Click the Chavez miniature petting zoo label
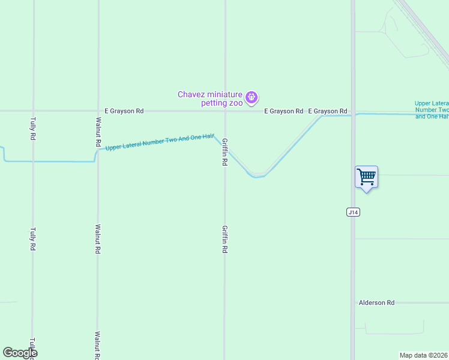pyautogui.click(x=210, y=98)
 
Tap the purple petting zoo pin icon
pyautogui.click(x=252, y=97)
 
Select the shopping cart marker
pyautogui.click(x=366, y=178)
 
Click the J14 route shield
pyautogui.click(x=353, y=212)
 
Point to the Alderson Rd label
pyautogui.click(x=376, y=303)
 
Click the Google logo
pyautogui.click(x=20, y=353)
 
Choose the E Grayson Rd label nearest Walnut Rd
pyautogui.click(x=124, y=111)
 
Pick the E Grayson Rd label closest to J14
pyautogui.click(x=328, y=111)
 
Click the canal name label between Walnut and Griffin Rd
pyautogui.click(x=160, y=142)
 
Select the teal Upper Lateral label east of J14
pyautogui.click(x=432, y=110)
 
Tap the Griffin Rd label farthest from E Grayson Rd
pyautogui.click(x=224, y=239)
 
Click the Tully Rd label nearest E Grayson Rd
pyautogui.click(x=33, y=128)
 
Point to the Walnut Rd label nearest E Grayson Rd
pyautogui.click(x=97, y=132)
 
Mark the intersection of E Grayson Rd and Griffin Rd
pyautogui.click(x=225, y=111)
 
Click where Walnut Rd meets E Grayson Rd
pyautogui.click(x=98, y=111)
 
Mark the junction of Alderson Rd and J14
pyautogui.click(x=353, y=303)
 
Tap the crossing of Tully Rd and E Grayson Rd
pyautogui.click(x=33, y=111)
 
